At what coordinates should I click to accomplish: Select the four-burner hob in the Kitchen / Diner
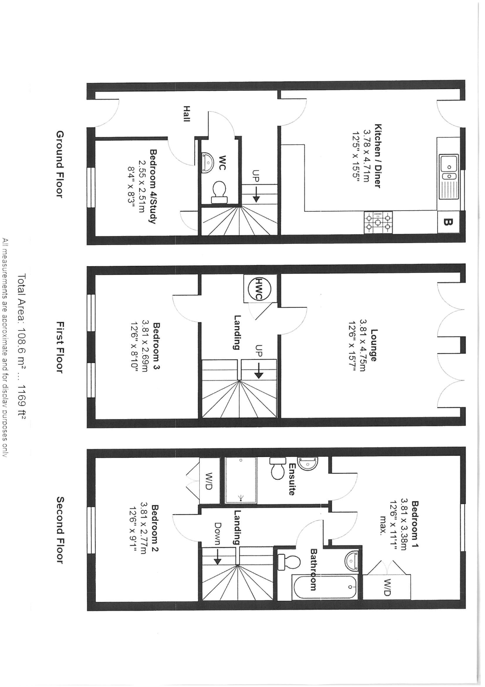[x=378, y=222]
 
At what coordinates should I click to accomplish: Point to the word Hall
[x=187, y=114]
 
